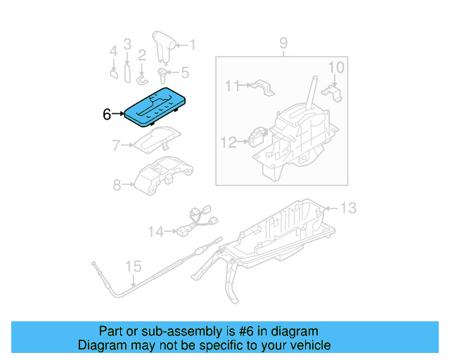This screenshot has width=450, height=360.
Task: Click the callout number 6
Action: [x=107, y=114]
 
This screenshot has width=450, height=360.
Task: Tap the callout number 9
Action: [x=283, y=44]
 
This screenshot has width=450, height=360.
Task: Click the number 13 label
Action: [x=349, y=207]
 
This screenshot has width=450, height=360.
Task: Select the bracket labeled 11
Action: [x=261, y=86]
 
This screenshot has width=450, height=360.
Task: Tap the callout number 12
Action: [x=229, y=142]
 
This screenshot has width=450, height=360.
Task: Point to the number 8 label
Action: [x=117, y=185]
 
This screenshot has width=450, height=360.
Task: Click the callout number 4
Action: [x=112, y=51]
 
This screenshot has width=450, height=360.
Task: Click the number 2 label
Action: [x=141, y=54]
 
